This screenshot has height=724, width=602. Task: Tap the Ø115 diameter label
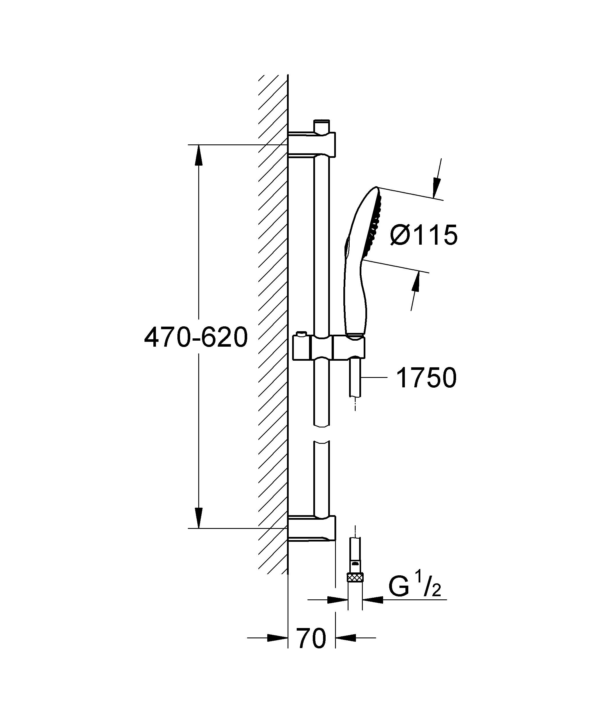coord(424,235)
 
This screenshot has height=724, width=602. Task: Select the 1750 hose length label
coord(426,378)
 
